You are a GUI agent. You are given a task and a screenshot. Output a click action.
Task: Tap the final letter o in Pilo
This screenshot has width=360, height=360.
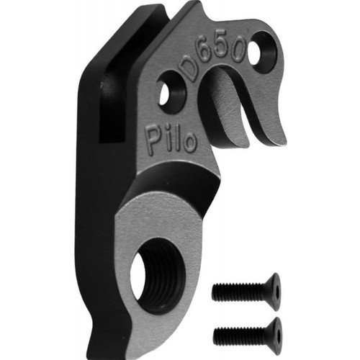[190, 145]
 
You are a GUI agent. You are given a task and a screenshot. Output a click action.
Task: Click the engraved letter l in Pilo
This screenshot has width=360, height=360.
[176, 140]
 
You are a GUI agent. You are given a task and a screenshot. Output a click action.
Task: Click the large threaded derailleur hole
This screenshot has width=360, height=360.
[157, 276]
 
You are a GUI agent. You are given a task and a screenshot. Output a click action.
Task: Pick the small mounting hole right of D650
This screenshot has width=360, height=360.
[261, 51]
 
